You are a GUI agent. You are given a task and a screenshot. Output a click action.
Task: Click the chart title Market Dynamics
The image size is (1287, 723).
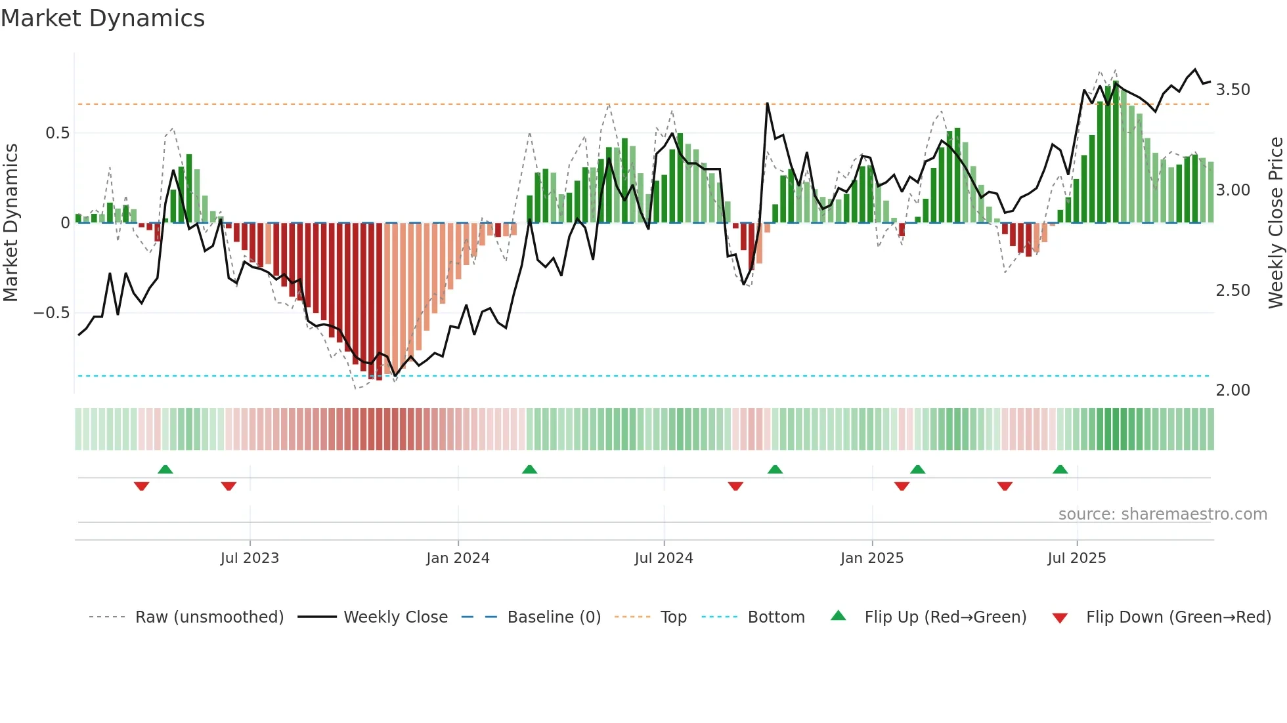click(x=102, y=18)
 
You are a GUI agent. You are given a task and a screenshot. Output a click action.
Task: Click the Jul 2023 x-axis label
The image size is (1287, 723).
click(x=250, y=558)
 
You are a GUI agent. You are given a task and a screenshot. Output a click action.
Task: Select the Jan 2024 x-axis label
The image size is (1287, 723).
click(x=458, y=558)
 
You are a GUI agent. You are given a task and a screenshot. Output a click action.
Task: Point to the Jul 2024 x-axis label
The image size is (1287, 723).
click(x=663, y=558)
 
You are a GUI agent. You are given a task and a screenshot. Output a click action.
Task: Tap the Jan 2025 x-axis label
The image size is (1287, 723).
click(x=871, y=558)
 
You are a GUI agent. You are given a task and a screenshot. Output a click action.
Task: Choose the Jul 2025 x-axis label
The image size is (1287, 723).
click(x=1076, y=558)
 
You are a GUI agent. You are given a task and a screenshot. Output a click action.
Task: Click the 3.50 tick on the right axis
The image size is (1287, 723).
click(x=1232, y=90)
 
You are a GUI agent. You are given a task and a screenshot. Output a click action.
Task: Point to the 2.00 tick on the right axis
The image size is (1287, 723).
click(x=1232, y=390)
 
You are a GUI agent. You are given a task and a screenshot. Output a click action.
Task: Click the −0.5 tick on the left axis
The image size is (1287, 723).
click(x=52, y=313)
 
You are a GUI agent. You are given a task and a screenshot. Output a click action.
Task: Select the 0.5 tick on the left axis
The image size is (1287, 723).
click(x=58, y=133)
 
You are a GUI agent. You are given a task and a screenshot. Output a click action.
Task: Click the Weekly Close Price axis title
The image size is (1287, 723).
click(x=1275, y=222)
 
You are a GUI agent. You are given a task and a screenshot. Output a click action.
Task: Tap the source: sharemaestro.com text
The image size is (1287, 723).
click(x=1162, y=514)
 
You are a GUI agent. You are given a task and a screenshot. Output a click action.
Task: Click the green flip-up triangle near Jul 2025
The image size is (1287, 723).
click(x=1060, y=470)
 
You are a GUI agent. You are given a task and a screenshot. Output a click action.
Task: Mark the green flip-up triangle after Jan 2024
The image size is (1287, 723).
click(x=529, y=470)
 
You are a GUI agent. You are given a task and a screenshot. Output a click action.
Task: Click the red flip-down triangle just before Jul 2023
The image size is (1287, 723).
click(x=229, y=486)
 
